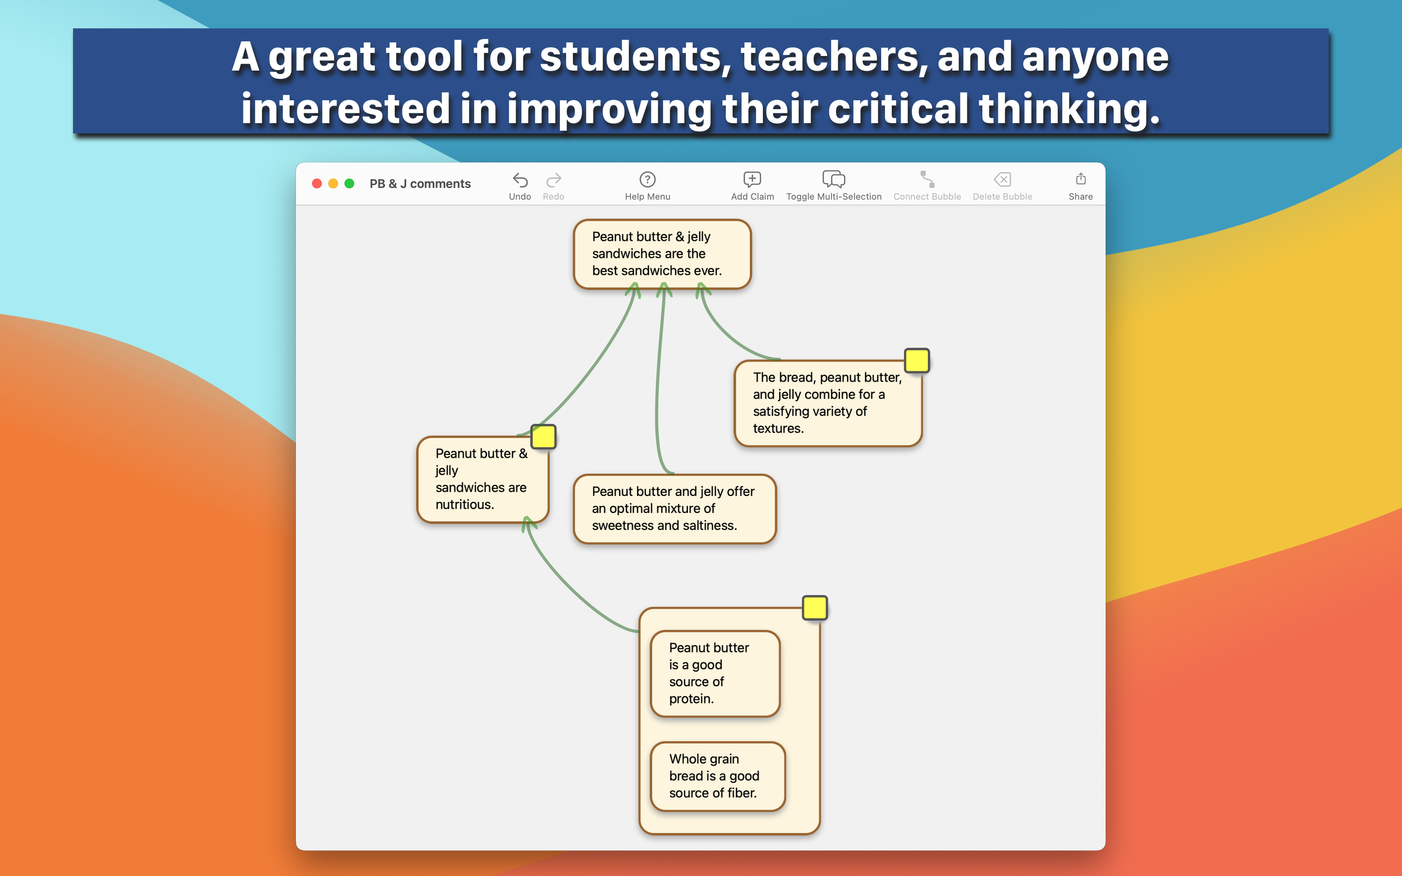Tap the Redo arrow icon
tap(553, 180)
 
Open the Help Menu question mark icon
tap(647, 180)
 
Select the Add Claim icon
tap(752, 179)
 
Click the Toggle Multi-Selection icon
tap(834, 179)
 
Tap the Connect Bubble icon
tap(927, 179)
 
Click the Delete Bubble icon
tap(1002, 180)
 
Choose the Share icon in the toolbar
tap(1081, 179)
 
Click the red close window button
tap(317, 183)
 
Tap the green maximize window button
tap(350, 183)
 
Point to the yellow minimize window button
tap(333, 183)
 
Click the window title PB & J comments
tap(420, 183)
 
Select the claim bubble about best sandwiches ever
tap(662, 254)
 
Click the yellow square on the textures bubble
tap(917, 360)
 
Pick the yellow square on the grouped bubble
tap(814, 608)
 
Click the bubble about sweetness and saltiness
tap(674, 509)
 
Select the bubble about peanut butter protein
tap(715, 673)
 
